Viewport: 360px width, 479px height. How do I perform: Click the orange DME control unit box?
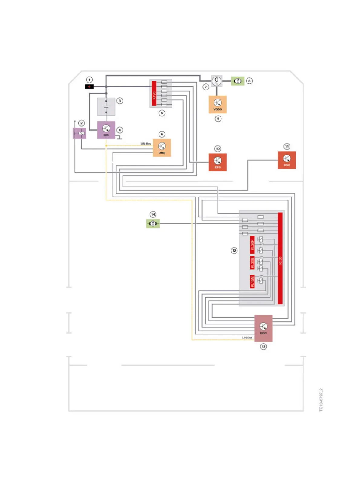click(x=162, y=148)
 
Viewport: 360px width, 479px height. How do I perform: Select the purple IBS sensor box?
click(x=106, y=130)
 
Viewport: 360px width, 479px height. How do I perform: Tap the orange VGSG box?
click(x=218, y=104)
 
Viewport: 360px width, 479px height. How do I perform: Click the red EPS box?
click(x=218, y=162)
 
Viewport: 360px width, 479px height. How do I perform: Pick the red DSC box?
click(x=287, y=160)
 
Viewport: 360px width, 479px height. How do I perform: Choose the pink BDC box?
click(x=263, y=328)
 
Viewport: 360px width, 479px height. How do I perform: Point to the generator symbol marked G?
click(x=217, y=81)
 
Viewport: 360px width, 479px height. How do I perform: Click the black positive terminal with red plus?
click(x=89, y=87)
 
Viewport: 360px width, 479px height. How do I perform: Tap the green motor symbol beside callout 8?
click(x=238, y=81)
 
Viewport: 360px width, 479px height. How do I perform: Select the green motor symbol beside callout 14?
click(x=153, y=223)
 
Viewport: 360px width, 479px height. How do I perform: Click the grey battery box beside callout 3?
click(x=106, y=106)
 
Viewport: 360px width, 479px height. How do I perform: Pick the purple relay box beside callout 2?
click(x=80, y=133)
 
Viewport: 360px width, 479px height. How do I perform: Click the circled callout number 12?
click(x=234, y=250)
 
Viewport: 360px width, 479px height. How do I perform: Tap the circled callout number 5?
click(x=162, y=113)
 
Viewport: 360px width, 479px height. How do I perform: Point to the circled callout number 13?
click(x=263, y=347)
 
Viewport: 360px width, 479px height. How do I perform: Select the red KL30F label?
click(x=252, y=245)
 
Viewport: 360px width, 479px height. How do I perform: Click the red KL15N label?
click(x=252, y=282)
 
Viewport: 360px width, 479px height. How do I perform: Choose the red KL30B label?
click(x=252, y=263)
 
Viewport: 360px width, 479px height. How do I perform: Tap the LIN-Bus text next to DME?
click(x=146, y=144)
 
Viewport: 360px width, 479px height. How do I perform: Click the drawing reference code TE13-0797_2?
click(x=321, y=400)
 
